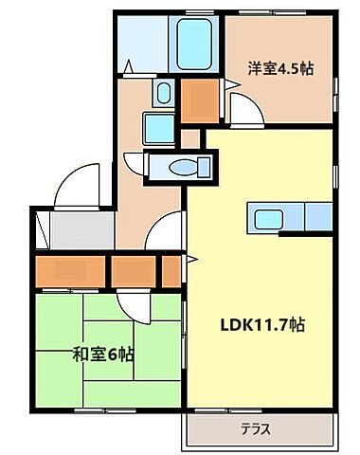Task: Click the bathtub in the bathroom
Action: tap(197, 44)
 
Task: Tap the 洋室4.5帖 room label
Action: tap(281, 68)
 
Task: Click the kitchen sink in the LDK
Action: tap(261, 217)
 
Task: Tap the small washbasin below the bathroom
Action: tap(163, 93)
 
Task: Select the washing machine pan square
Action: tap(155, 126)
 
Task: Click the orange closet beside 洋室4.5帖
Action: tap(198, 100)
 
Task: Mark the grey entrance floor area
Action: tap(79, 229)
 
